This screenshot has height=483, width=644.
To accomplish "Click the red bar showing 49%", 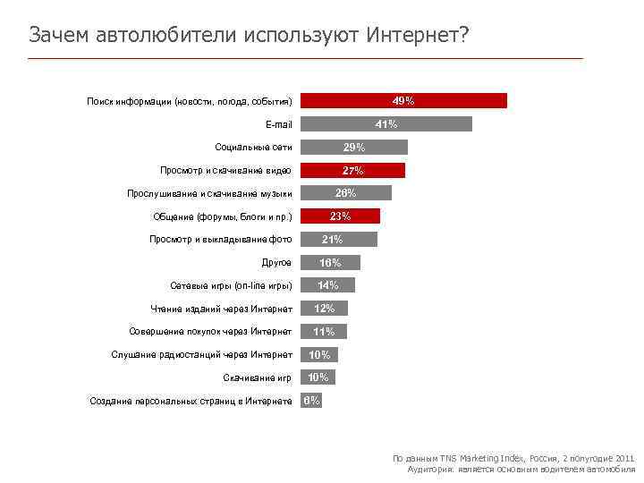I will tap(402, 101).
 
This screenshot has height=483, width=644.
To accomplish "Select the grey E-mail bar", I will tap(386, 124).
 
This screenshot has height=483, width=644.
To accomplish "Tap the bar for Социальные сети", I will tap(353, 148).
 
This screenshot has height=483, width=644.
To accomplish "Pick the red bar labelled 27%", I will tap(352, 171).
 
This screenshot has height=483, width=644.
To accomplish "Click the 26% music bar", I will tap(345, 193).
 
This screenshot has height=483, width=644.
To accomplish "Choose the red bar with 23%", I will tap(340, 216).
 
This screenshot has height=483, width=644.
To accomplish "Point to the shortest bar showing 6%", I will tap(310, 401).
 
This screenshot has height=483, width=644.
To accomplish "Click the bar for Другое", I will tap(330, 263).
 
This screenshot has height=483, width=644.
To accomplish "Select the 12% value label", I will tap(324, 309).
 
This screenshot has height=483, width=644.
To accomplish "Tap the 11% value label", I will tap(323, 332).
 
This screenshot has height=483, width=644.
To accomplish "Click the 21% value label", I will tap(332, 240).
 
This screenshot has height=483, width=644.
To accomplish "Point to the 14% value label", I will tap(327, 285).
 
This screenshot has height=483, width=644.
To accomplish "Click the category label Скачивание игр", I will tap(258, 378).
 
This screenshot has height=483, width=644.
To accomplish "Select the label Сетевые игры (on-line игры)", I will tap(231, 286).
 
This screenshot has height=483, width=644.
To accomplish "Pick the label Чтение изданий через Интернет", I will tap(221, 309).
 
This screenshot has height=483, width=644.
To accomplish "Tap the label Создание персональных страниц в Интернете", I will tap(191, 402).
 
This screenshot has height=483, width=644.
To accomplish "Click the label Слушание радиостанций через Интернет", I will tap(201, 355).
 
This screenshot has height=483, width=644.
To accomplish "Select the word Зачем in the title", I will tap(55, 35).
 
